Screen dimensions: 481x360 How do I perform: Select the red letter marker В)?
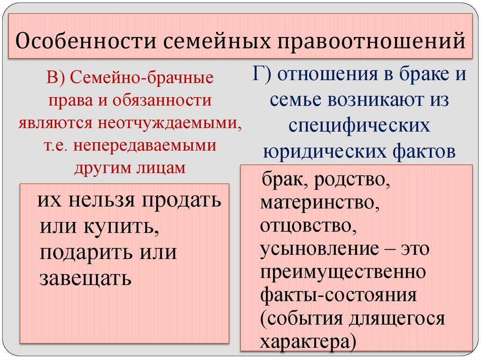[x=55, y=77]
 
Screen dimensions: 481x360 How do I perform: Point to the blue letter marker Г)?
[x=262, y=74]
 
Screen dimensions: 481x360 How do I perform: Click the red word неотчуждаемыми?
[x=169, y=123]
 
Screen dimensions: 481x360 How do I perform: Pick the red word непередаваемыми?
[x=145, y=146]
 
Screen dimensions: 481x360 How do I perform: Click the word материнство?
[x=319, y=203]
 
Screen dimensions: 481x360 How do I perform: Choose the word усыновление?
[x=319, y=249]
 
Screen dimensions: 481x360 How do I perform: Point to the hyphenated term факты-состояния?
[x=338, y=295]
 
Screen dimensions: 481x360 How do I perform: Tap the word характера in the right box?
[x=305, y=342]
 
